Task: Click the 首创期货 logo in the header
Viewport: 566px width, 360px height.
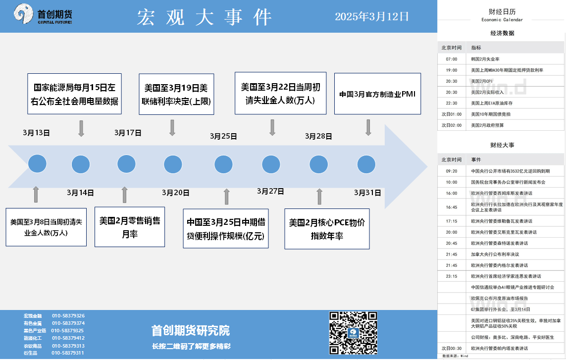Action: (x=43, y=14)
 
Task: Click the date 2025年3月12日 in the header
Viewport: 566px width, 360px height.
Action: (x=372, y=17)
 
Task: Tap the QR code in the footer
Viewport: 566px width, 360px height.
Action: (x=353, y=333)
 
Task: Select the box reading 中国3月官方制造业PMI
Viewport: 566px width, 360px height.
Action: (x=377, y=94)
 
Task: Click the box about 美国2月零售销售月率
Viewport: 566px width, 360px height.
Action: (x=130, y=227)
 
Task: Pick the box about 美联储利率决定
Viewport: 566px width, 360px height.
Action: (x=176, y=94)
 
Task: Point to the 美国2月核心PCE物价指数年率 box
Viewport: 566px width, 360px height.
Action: (x=327, y=229)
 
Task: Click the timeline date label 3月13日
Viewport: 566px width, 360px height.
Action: (x=36, y=133)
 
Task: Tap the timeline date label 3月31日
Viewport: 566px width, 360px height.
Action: (x=367, y=193)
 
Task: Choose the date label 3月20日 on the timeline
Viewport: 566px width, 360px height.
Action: (x=175, y=193)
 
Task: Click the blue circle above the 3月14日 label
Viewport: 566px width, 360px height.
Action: (x=81, y=164)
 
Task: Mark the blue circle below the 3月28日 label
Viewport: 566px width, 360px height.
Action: (x=319, y=164)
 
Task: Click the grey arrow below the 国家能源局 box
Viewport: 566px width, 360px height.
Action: (x=81, y=129)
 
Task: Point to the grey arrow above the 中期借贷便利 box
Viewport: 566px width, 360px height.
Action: (x=226, y=197)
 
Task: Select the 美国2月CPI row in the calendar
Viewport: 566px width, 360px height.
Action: (x=501, y=81)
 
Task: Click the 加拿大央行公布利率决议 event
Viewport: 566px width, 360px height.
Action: (x=495, y=254)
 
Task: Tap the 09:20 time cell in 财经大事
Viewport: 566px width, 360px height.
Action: (x=451, y=171)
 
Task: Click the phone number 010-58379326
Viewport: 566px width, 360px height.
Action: (x=68, y=315)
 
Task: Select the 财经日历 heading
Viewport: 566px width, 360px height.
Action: (x=502, y=11)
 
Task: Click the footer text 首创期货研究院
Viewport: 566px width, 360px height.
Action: (x=191, y=330)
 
